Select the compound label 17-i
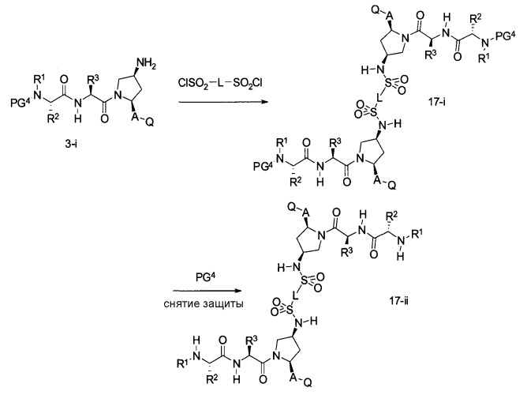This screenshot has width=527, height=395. pyautogui.click(x=436, y=102)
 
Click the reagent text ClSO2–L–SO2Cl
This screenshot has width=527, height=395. pyautogui.click(x=220, y=82)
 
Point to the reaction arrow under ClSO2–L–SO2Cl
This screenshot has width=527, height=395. pyautogui.click(x=222, y=101)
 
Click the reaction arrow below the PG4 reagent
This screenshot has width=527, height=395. pyautogui.click(x=207, y=291)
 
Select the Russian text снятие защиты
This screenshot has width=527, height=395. pyautogui.click(x=204, y=303)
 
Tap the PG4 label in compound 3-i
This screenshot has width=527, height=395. pyautogui.click(x=21, y=102)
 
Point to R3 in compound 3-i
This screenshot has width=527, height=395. pyautogui.click(x=92, y=81)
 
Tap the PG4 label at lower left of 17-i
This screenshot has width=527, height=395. pyautogui.click(x=263, y=166)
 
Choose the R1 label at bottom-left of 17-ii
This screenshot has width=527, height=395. pyautogui.click(x=183, y=364)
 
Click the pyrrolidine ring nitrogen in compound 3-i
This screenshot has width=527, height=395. pyautogui.click(x=117, y=96)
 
